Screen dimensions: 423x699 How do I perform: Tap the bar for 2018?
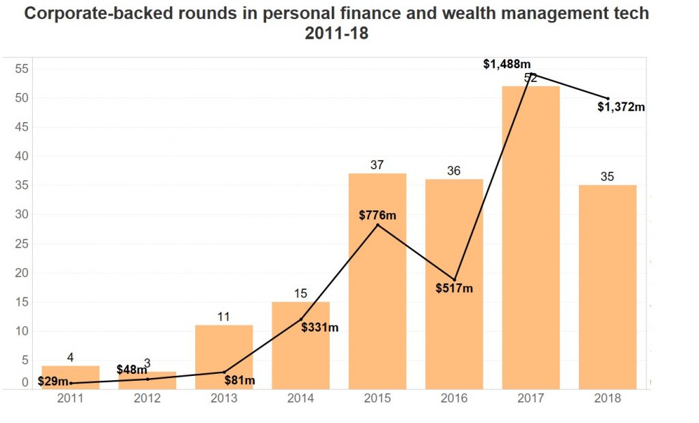(x=608, y=287)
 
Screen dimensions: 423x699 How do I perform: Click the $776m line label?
(x=377, y=216)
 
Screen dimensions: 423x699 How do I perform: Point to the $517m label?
(x=454, y=288)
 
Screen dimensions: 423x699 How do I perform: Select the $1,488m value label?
(x=507, y=64)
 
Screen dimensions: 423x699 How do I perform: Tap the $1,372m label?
(x=621, y=106)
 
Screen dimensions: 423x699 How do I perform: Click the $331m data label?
(x=319, y=327)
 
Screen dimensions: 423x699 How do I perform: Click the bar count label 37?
(x=377, y=165)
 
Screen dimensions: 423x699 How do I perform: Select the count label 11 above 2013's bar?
(x=224, y=317)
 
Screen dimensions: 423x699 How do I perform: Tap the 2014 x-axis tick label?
(x=300, y=398)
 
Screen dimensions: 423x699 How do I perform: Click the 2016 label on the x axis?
(x=454, y=398)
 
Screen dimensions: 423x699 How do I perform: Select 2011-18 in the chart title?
(x=337, y=33)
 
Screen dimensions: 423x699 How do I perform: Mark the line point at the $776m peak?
(x=377, y=224)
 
